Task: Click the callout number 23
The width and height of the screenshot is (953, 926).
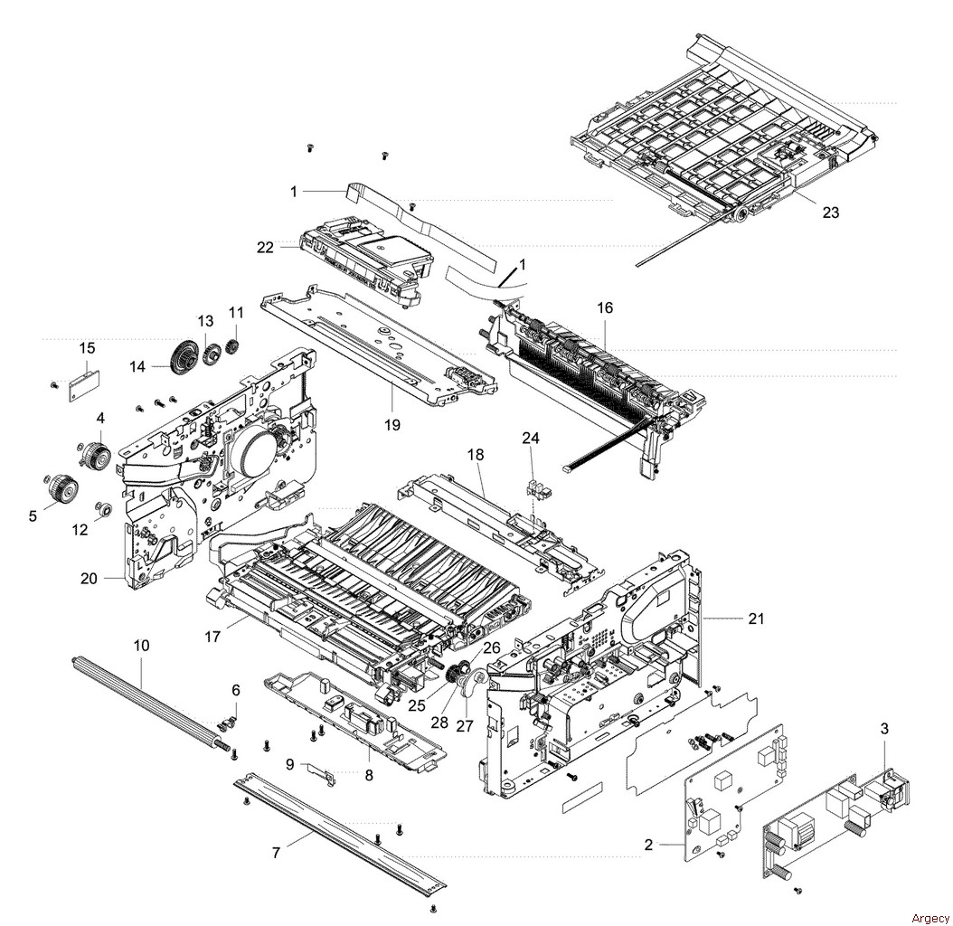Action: click(x=830, y=213)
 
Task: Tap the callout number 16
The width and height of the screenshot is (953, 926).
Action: click(x=605, y=307)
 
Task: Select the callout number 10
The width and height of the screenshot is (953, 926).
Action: click(x=141, y=645)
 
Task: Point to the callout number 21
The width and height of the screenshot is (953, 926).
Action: click(x=756, y=619)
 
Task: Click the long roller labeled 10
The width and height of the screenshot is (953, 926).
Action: click(x=145, y=697)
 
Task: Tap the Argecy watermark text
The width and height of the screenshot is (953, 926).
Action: click(x=929, y=918)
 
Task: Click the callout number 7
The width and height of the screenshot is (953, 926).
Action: click(x=276, y=853)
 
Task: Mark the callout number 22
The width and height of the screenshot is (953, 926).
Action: click(x=265, y=248)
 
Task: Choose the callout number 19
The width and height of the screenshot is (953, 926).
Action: click(x=392, y=425)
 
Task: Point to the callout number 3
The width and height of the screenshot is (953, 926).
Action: click(x=884, y=728)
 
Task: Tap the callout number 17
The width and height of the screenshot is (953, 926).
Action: click(x=212, y=637)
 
